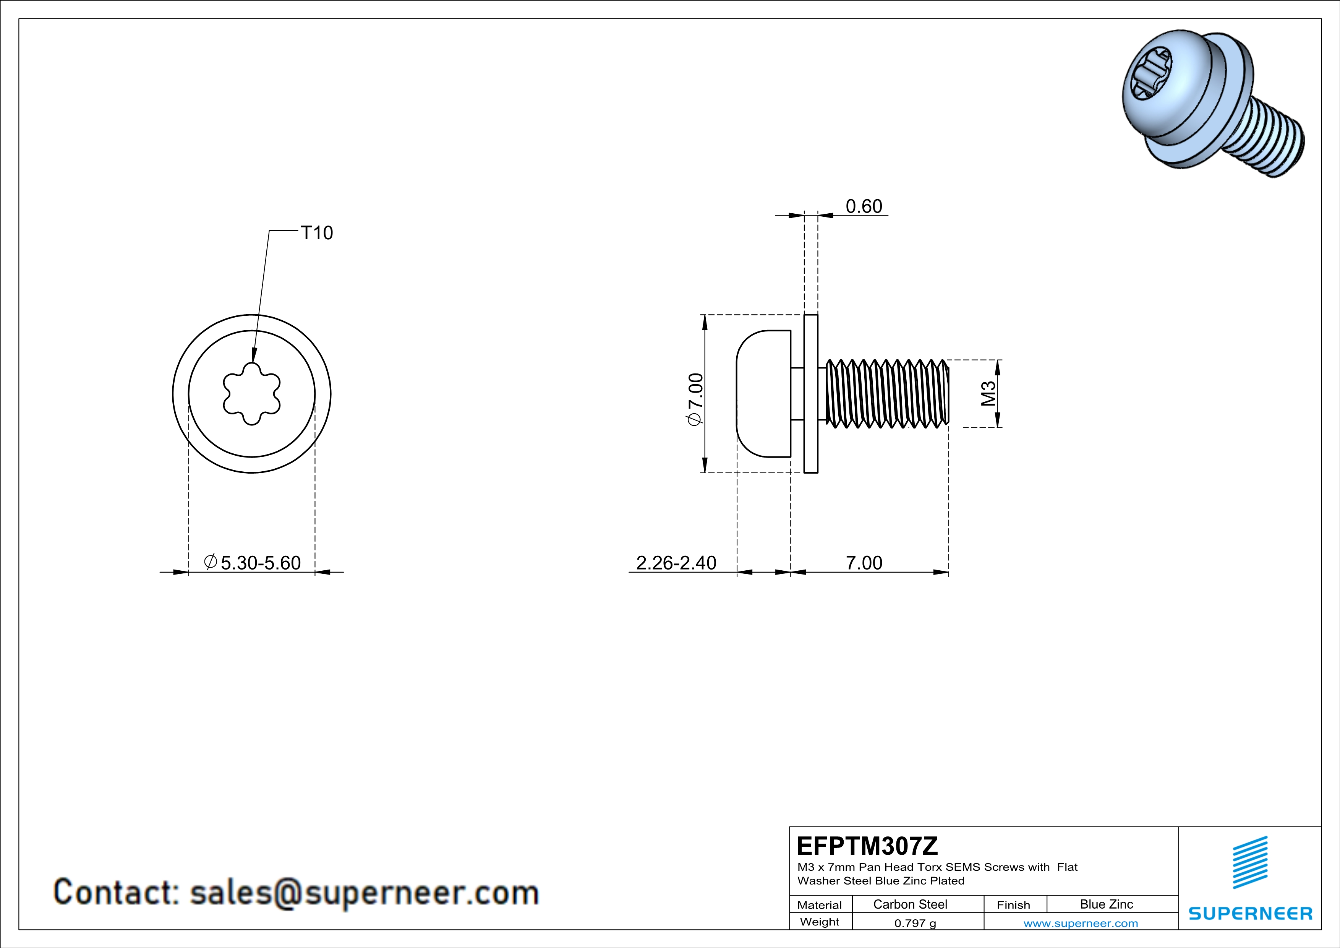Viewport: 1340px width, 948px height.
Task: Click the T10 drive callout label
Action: click(x=316, y=233)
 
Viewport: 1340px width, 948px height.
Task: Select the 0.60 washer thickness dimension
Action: click(x=864, y=206)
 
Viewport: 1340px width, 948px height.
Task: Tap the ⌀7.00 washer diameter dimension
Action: click(x=696, y=399)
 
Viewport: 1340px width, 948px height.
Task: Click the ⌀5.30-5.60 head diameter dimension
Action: click(x=253, y=562)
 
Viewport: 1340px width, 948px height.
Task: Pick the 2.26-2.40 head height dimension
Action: click(x=676, y=562)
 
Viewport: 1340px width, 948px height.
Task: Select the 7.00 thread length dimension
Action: click(x=864, y=562)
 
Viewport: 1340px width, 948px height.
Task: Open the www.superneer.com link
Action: click(x=1080, y=923)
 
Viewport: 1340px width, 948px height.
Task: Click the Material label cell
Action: click(x=820, y=905)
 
